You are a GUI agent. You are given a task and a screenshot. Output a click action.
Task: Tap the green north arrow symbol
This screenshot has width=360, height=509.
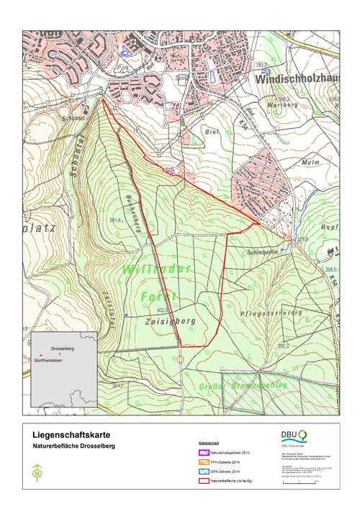pos(37,474)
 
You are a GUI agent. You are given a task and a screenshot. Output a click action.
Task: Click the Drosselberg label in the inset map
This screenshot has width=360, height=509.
pos(63,348)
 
